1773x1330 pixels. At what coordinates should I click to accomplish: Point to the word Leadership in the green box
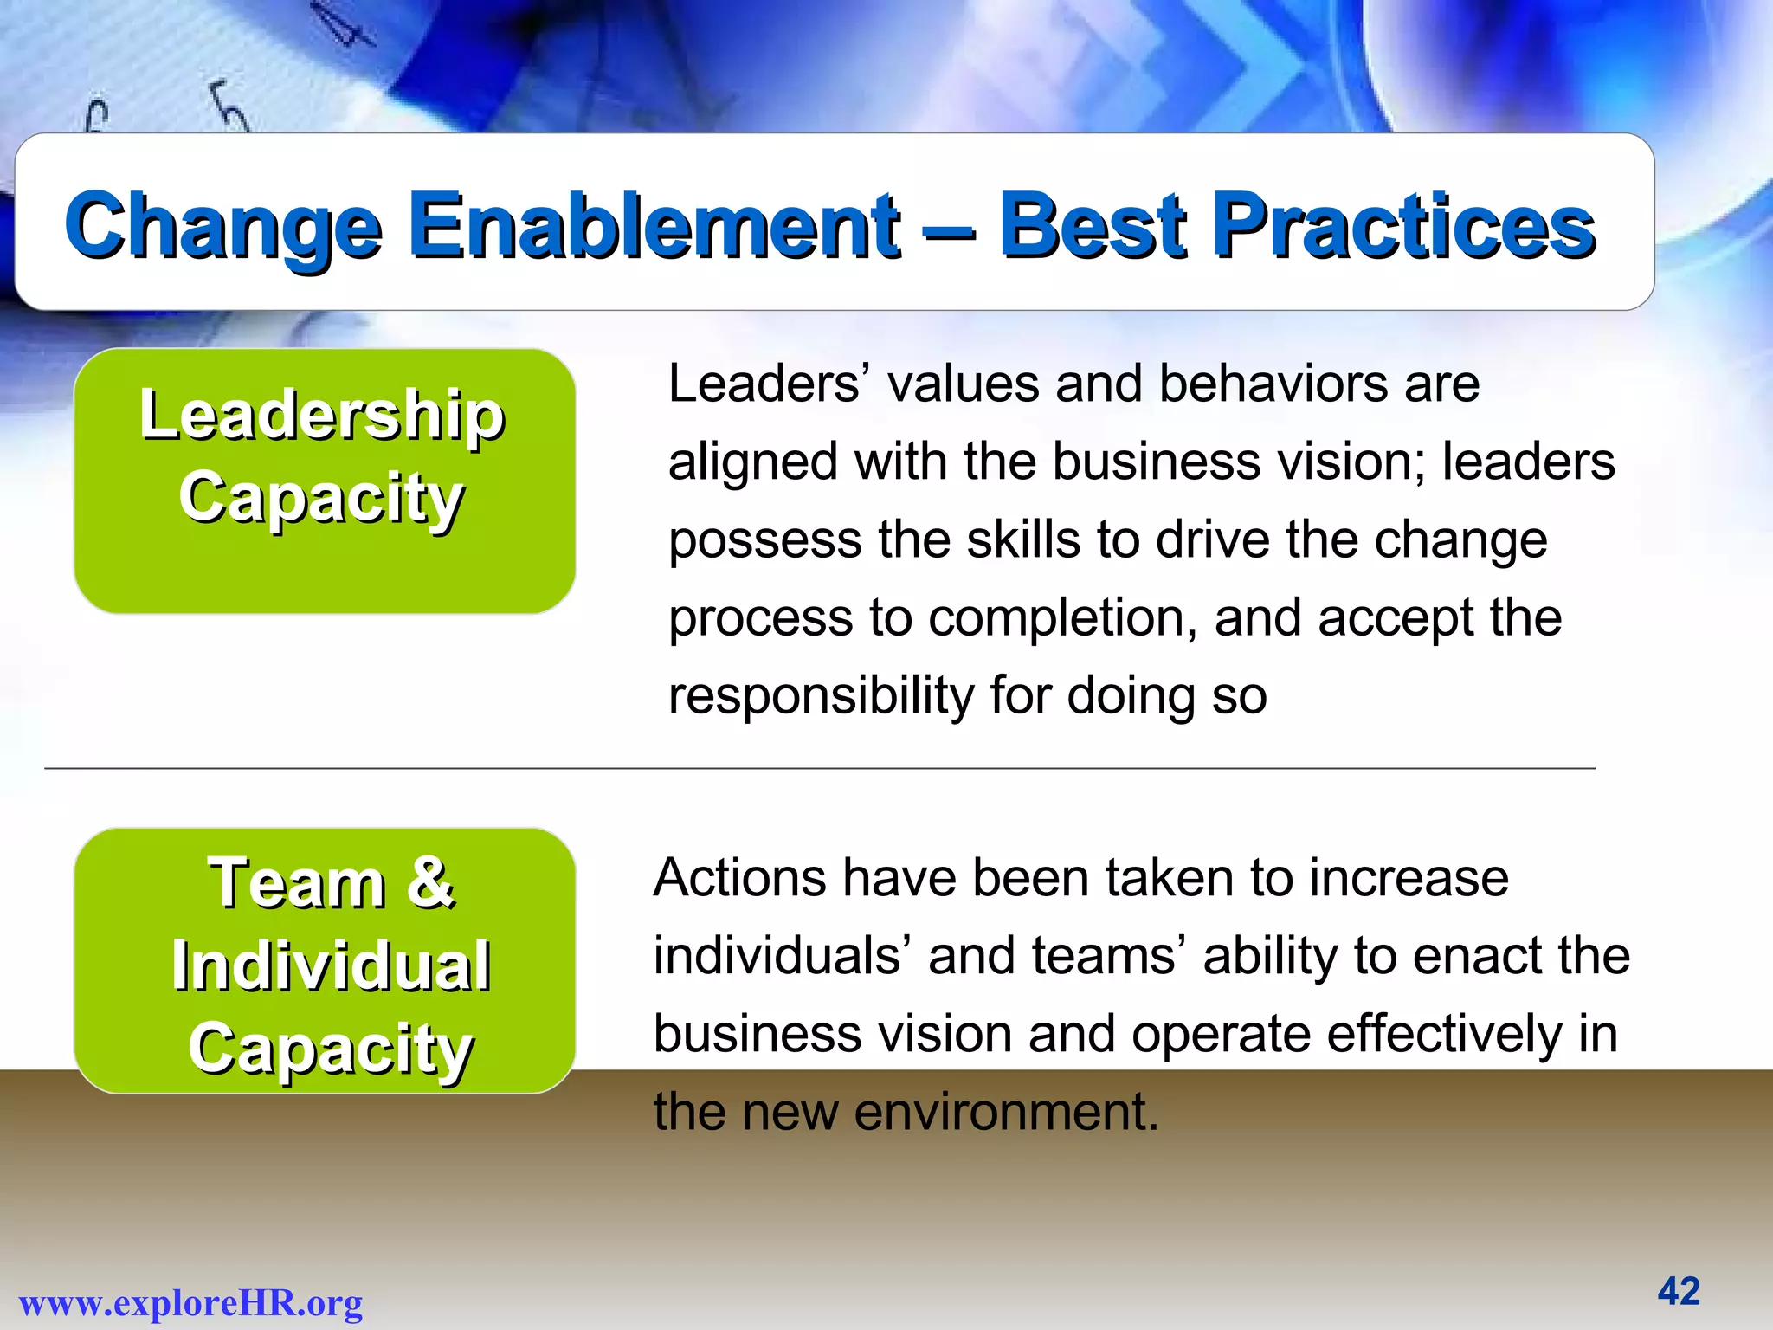point(322,416)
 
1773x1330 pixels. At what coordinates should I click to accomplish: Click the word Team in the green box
point(297,883)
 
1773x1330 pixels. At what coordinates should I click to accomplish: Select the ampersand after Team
point(430,883)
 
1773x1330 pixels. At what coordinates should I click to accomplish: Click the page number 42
point(1679,1291)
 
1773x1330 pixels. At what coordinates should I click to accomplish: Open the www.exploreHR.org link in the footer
point(190,1303)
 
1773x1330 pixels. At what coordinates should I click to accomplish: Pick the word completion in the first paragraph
point(1063,618)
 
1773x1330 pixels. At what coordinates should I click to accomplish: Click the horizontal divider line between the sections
point(819,768)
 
